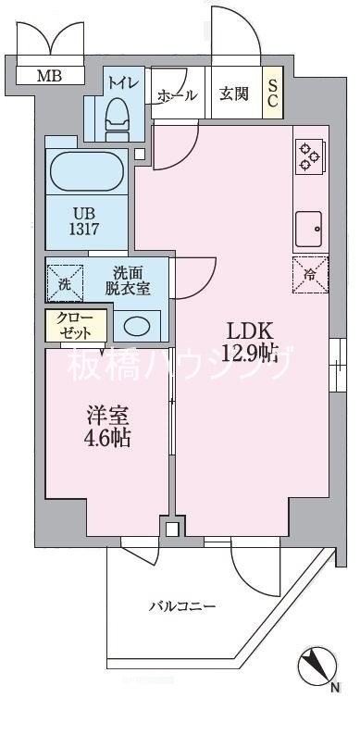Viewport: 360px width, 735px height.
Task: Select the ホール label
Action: click(x=176, y=93)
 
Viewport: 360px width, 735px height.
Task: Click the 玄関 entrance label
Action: click(x=233, y=93)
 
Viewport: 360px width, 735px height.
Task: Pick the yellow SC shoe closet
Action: click(x=274, y=93)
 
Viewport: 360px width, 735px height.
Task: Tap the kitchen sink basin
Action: click(x=309, y=224)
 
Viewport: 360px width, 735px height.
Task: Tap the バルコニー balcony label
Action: click(x=183, y=606)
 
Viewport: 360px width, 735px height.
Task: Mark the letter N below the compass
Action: click(x=335, y=688)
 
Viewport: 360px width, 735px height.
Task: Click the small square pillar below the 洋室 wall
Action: click(x=170, y=529)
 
